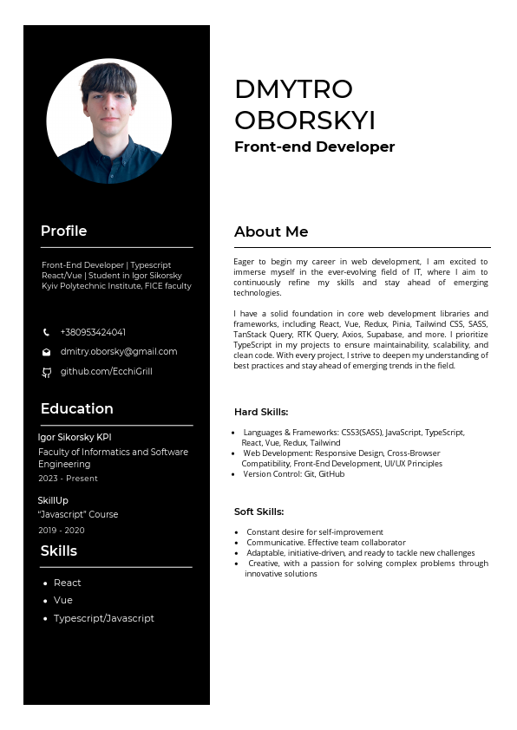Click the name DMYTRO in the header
tap(293, 89)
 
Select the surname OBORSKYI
tap(304, 120)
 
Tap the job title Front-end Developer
tap(314, 147)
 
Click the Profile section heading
tap(63, 231)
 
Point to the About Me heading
tap(271, 231)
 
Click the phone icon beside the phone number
tap(47, 332)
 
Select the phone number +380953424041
tap(93, 332)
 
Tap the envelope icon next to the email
tap(47, 352)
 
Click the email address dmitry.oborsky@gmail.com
tap(119, 351)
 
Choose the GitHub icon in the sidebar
tap(47, 372)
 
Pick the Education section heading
tap(76, 408)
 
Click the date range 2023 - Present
tap(68, 478)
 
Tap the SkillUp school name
tap(53, 500)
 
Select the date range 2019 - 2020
tap(62, 530)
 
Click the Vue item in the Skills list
tap(63, 600)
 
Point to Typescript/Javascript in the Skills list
tap(104, 618)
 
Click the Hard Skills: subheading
tap(261, 412)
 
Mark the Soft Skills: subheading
tap(258, 512)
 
